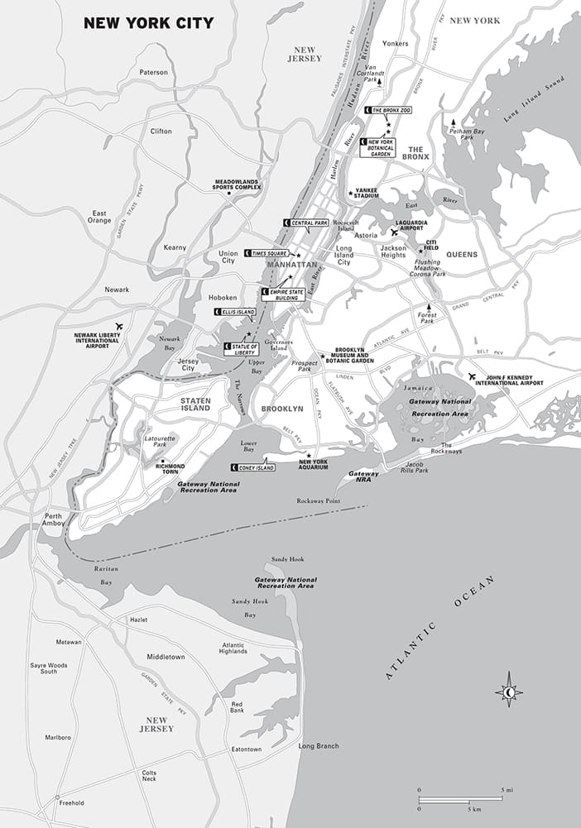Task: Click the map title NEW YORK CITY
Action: [x=148, y=22]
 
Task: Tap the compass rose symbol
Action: [x=509, y=692]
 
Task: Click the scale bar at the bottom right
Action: [x=459, y=800]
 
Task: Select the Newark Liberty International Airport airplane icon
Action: [x=120, y=326]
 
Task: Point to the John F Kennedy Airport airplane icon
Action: [x=472, y=376]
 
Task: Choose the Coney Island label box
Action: [x=253, y=467]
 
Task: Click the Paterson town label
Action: [x=153, y=73]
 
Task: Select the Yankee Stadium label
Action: [x=366, y=194]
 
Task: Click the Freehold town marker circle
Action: [x=57, y=798]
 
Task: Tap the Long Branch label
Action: [x=318, y=746]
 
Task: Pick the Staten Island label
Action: [x=195, y=404]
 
